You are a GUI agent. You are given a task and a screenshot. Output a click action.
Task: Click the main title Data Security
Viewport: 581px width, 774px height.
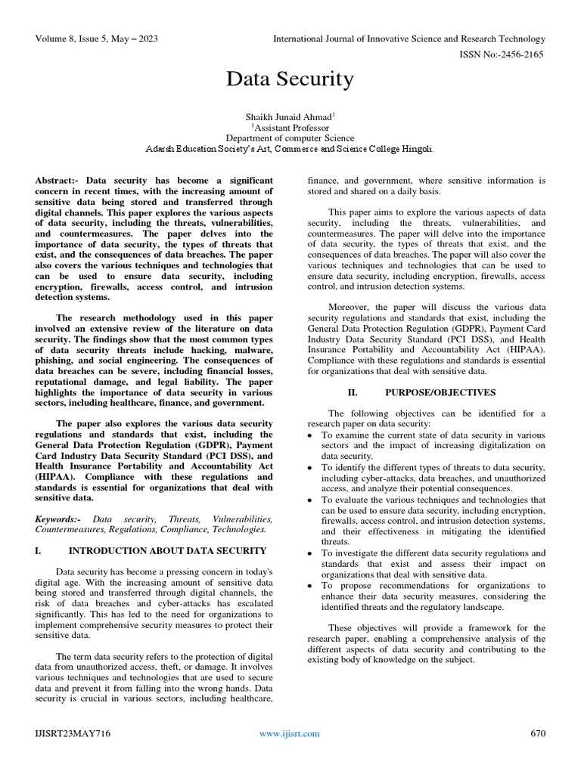pos(290,79)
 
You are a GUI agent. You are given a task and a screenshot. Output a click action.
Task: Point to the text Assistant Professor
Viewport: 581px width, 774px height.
pos(290,128)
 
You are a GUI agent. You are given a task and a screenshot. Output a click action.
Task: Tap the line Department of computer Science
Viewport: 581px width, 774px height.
pos(290,138)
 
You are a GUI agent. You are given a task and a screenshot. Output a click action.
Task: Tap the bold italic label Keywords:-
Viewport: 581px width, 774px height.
pos(61,519)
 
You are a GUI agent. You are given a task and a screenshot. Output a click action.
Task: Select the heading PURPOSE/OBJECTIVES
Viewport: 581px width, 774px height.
pos(440,393)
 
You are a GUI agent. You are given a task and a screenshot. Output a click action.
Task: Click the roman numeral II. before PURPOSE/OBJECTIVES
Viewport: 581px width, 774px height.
pos(352,393)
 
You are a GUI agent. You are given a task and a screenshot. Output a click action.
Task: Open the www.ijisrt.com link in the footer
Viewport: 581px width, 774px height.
pos(290,733)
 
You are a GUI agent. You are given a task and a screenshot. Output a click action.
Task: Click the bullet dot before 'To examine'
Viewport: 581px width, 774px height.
pos(312,436)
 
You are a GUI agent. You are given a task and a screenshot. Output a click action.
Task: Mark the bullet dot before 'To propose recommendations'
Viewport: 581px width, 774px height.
pos(312,587)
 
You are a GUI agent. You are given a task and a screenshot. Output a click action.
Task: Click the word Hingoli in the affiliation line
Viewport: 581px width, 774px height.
pos(415,150)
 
